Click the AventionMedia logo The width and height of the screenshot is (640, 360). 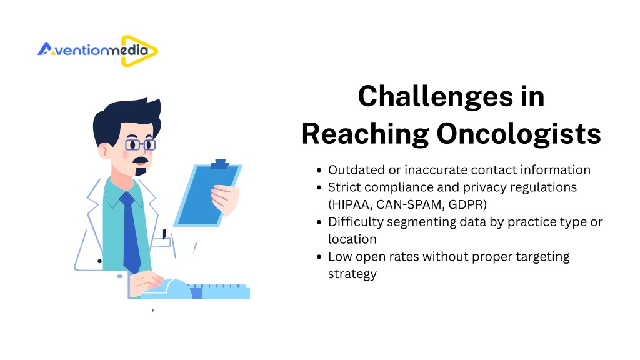pos(97,51)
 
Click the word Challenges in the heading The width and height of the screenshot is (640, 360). pos(436,97)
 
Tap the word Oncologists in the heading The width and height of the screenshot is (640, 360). pos(519,134)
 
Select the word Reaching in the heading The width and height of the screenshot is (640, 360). pos(365,134)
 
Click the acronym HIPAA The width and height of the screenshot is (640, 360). pos(351,204)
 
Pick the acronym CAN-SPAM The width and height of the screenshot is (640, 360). pos(409,204)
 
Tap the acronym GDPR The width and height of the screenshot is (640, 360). pos(465,204)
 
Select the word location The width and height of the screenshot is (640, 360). pos(352,239)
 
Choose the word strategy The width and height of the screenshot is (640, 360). pos(352,274)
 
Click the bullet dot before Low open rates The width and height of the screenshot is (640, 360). pos(319,257)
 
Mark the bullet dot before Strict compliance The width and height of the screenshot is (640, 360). pos(319,187)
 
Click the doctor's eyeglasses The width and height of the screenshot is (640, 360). pos(140,145)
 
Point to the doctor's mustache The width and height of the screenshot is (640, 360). pos(141,160)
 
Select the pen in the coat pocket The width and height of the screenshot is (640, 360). pos(164,234)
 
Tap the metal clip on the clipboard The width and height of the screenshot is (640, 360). pos(219,164)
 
